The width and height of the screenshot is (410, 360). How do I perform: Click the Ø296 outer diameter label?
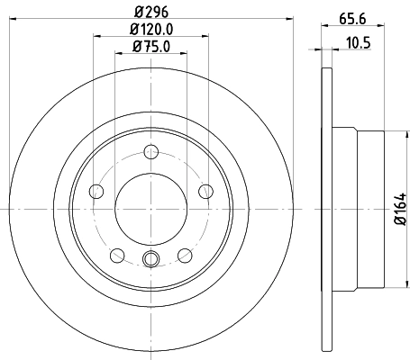click(151, 10)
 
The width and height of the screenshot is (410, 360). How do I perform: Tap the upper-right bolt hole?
click(205, 190)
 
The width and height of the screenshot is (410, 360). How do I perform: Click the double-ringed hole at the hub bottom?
click(151, 260)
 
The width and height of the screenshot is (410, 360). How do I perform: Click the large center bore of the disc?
click(151, 208)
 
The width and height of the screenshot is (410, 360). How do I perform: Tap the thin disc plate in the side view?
click(325, 208)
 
